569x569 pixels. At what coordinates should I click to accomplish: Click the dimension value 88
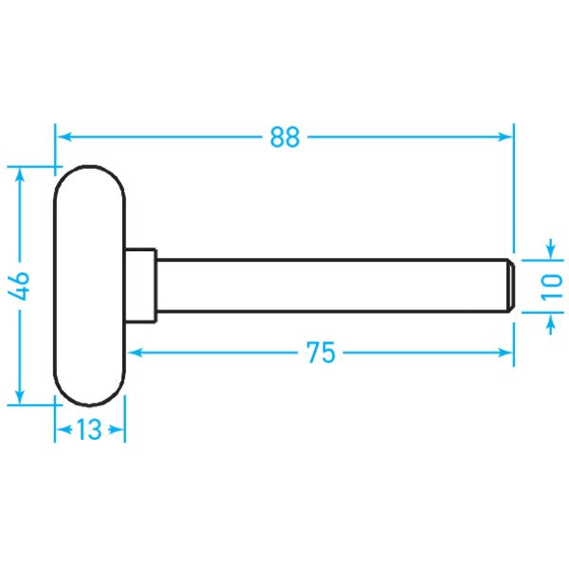pos(284,138)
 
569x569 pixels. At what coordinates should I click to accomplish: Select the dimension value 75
pos(321,353)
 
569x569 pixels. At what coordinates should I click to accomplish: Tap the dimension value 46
pos(21,284)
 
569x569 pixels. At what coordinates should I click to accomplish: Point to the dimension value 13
pos(89,431)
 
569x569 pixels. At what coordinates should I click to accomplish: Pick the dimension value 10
pos(552,284)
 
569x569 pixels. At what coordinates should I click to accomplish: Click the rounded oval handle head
pos(89,284)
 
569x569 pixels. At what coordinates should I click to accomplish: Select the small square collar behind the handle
pos(141,284)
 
